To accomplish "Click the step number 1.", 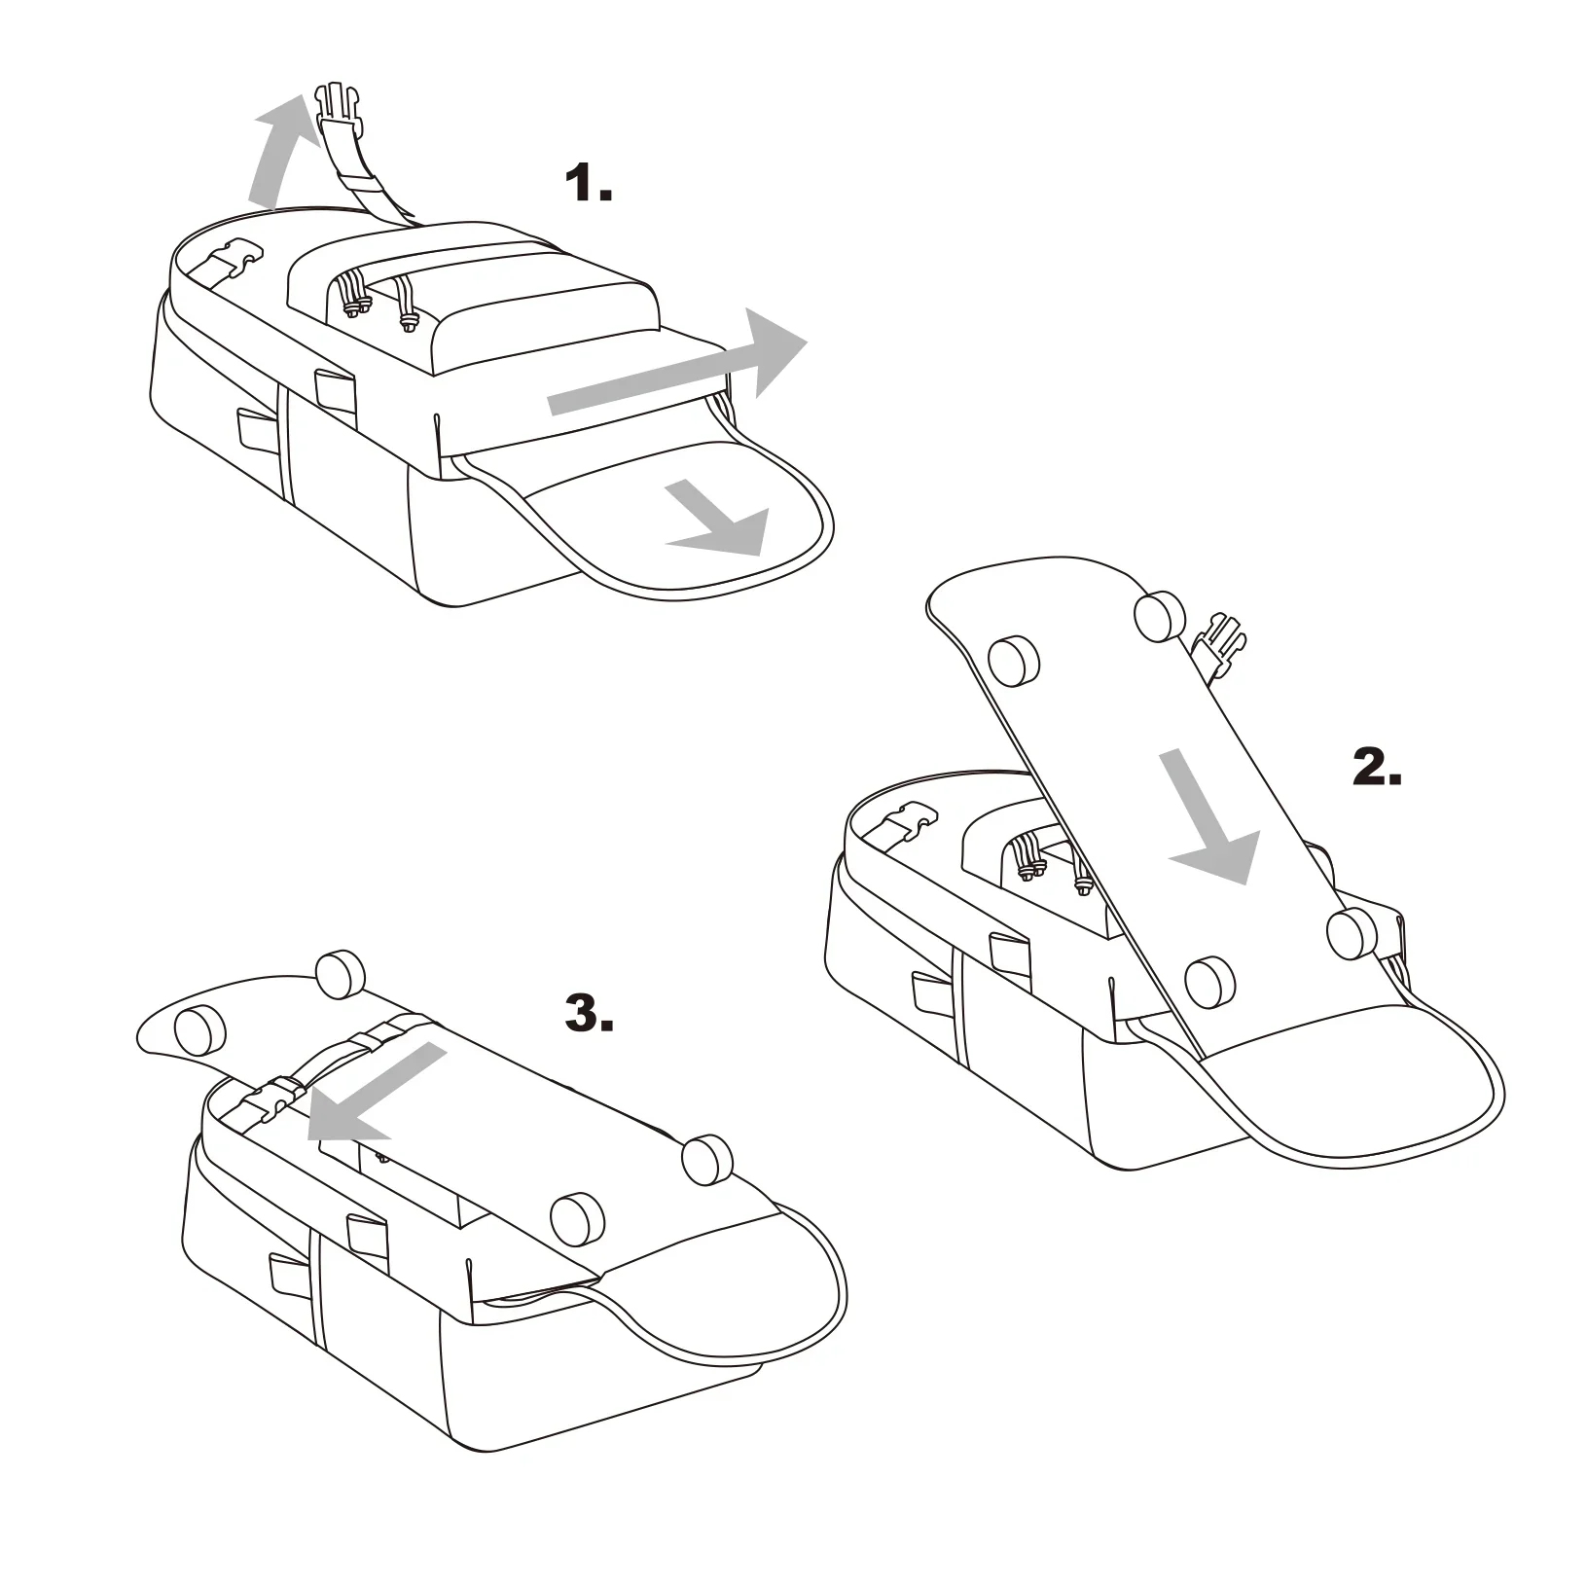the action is click(589, 183).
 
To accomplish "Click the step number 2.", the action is click(1377, 769).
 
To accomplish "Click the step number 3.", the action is click(589, 1012).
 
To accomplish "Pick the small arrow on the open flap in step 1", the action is click(720, 520).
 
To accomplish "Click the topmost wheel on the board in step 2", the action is click(1161, 616).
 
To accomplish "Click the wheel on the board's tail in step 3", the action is click(199, 1031).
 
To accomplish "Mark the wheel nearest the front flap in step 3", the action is click(577, 1217).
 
